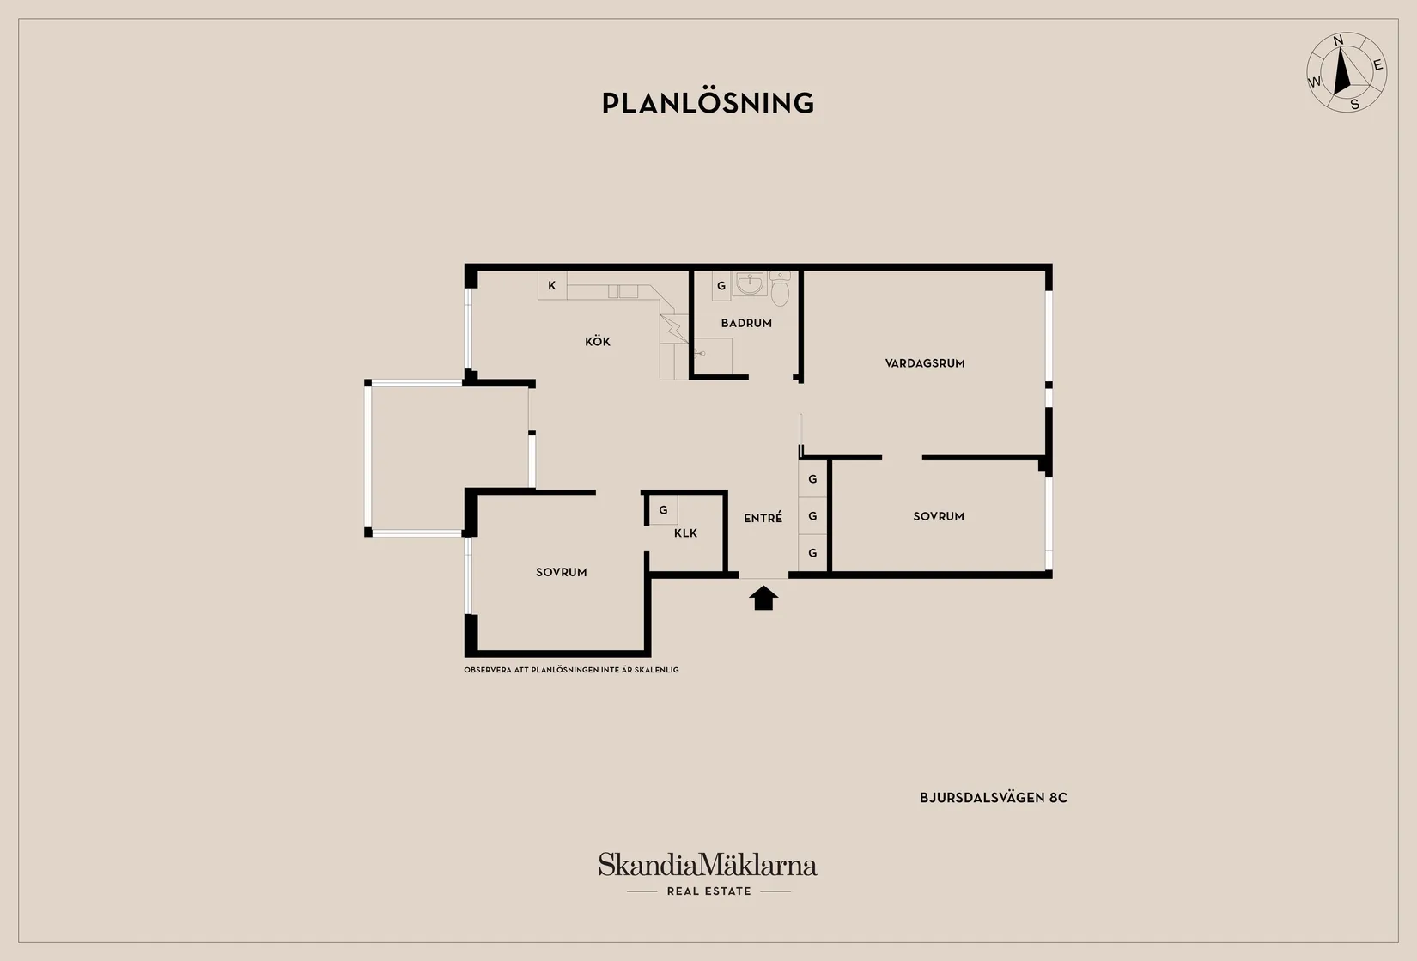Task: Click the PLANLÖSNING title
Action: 708,103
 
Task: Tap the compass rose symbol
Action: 1347,73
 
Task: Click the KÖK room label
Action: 597,342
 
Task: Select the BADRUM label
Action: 746,323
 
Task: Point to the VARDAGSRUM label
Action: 925,363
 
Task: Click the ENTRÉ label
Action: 763,518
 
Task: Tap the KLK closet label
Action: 685,533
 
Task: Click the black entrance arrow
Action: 763,598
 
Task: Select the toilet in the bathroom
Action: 780,289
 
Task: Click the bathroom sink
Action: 750,284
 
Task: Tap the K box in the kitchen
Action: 552,285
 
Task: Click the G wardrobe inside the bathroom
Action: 721,286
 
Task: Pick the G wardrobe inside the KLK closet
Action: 664,510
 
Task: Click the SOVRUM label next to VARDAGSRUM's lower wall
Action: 939,516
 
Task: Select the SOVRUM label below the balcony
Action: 561,573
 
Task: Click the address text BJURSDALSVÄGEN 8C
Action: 993,798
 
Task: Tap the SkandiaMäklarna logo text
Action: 708,865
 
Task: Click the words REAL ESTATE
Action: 709,891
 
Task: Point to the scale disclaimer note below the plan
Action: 571,669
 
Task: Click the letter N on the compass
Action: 1338,41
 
